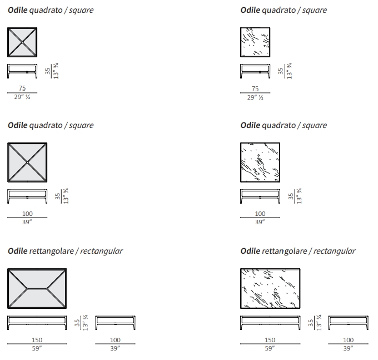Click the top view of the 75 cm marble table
255,42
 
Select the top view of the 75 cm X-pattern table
22,42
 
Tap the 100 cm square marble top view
260,162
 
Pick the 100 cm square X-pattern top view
27,162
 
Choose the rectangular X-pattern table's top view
37,288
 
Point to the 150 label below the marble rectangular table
270,340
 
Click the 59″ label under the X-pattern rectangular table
37,348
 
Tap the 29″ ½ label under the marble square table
255,97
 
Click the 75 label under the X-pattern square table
22,88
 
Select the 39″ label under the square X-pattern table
27,223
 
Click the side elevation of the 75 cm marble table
255,71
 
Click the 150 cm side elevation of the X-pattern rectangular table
37,323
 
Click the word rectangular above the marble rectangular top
334,251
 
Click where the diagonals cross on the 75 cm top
22,42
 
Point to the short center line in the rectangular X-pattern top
37,288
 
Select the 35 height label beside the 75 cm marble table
280,71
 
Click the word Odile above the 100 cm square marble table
250,125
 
